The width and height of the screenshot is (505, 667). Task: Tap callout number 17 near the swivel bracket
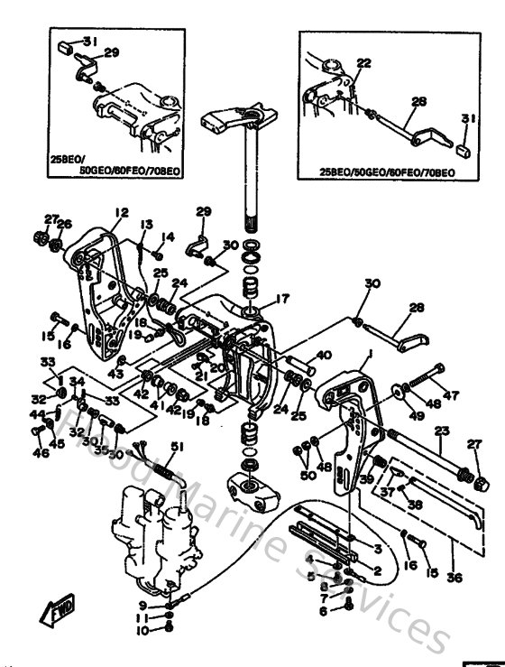[282, 299]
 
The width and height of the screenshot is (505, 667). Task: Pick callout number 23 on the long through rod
[441, 431]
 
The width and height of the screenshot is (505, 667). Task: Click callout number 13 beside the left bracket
[146, 224]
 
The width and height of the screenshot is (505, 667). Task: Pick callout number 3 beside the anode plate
[378, 548]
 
